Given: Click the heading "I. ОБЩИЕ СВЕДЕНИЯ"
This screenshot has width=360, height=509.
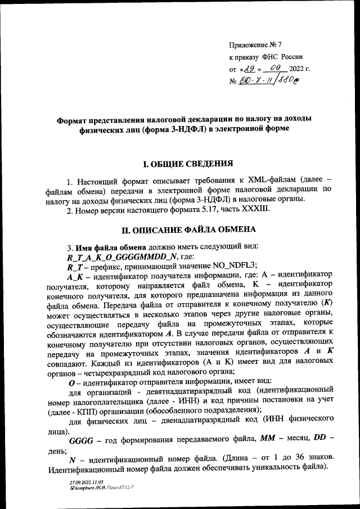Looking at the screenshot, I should pos(187,165).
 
